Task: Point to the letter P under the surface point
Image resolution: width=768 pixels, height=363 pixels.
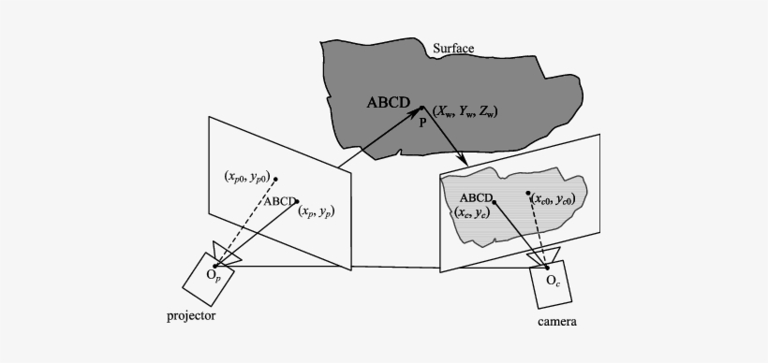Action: (423, 121)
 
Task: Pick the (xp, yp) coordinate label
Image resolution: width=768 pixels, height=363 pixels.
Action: (316, 212)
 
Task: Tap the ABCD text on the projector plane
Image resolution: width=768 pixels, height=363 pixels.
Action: (279, 200)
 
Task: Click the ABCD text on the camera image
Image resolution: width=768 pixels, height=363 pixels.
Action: (477, 198)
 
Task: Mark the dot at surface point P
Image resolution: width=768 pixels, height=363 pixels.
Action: (421, 107)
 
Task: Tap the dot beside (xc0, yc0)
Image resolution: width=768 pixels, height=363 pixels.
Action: (528, 194)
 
